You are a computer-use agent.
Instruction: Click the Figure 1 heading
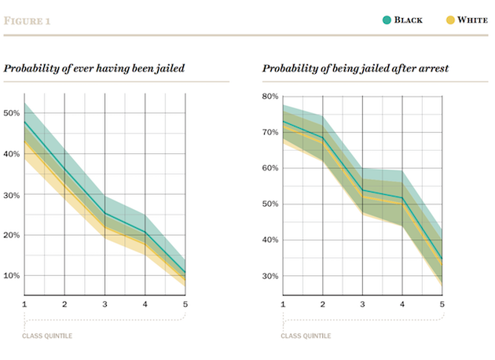click(x=27, y=20)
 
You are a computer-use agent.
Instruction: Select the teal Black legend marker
click(x=387, y=20)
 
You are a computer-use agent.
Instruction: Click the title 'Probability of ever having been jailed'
click(x=94, y=68)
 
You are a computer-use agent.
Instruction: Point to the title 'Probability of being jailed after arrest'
click(x=355, y=68)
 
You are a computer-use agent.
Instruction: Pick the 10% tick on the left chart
click(x=13, y=276)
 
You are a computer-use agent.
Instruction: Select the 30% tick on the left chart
click(x=13, y=195)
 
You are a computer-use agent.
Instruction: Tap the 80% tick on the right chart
click(x=271, y=97)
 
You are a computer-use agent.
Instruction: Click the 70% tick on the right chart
click(x=271, y=132)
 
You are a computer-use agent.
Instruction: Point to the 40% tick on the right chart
click(x=271, y=241)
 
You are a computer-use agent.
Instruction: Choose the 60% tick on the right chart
click(x=271, y=168)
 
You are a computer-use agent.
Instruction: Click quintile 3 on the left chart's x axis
click(x=105, y=304)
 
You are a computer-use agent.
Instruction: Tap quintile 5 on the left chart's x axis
click(x=185, y=304)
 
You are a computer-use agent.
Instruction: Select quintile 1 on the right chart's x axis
click(x=282, y=304)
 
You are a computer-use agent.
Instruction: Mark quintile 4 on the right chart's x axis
click(x=402, y=304)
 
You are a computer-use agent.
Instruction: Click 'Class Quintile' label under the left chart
click(x=48, y=336)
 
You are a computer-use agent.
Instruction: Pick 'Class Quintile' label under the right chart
click(x=306, y=336)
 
